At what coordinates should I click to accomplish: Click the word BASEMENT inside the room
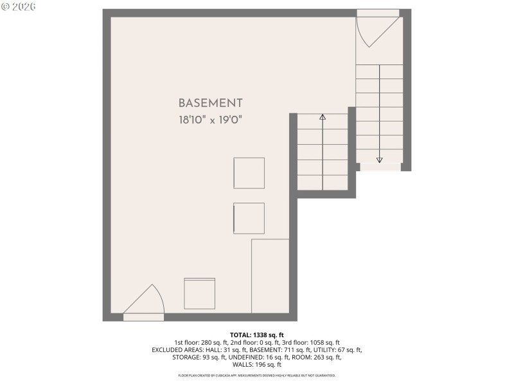[x=210, y=103]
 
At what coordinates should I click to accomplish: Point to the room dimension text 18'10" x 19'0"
[x=210, y=120]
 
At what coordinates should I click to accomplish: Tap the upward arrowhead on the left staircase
[x=323, y=117]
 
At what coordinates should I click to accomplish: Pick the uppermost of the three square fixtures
[x=249, y=173]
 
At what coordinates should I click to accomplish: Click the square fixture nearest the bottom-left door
[x=200, y=293]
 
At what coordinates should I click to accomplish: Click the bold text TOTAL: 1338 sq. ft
[x=256, y=335]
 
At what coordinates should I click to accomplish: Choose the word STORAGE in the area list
[x=186, y=357]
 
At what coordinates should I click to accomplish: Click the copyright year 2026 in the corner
[x=24, y=6]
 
